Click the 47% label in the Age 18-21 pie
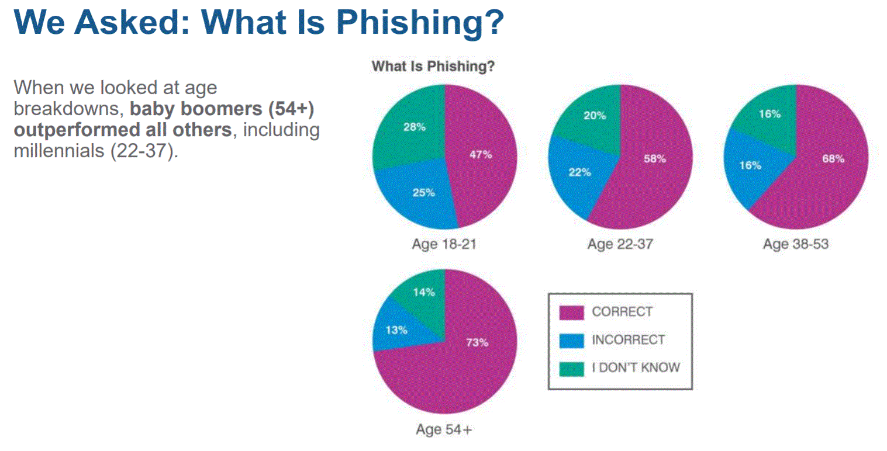pyautogui.click(x=481, y=154)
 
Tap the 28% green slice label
pyautogui.click(x=415, y=127)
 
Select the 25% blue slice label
pyautogui.click(x=424, y=193)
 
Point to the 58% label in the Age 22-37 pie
pyautogui.click(x=655, y=159)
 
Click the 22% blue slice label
pyautogui.click(x=579, y=172)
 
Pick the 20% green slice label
pyautogui.click(x=595, y=116)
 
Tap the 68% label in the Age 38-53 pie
pyautogui.click(x=833, y=159)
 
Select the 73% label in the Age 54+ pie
pyautogui.click(x=477, y=342)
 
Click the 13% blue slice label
pyautogui.click(x=396, y=330)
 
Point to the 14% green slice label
pyautogui.click(x=424, y=292)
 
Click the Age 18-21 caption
pyautogui.click(x=444, y=244)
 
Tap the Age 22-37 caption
pyautogui.click(x=620, y=244)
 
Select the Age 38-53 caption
pyautogui.click(x=796, y=244)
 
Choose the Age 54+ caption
pyautogui.click(x=444, y=429)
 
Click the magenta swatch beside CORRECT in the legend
pyautogui.click(x=571, y=313)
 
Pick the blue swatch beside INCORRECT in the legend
pyautogui.click(x=571, y=341)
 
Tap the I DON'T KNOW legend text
pyautogui.click(x=636, y=367)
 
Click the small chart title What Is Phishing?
pyautogui.click(x=433, y=66)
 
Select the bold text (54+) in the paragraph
pyautogui.click(x=291, y=109)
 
